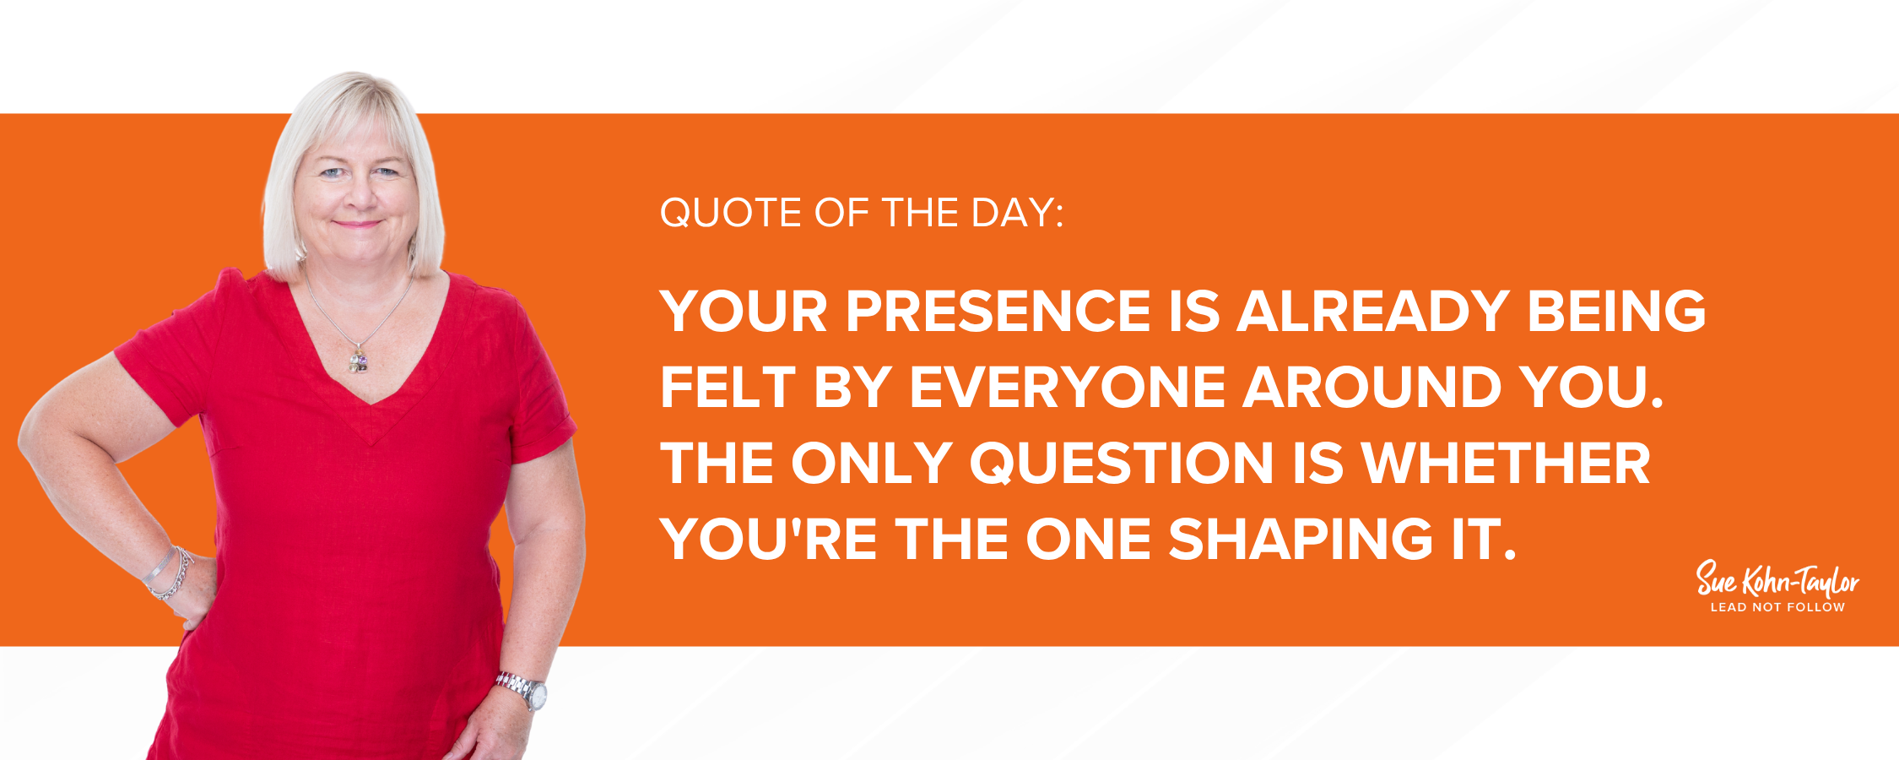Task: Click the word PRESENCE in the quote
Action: [x=998, y=311]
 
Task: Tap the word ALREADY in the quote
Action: [x=1373, y=311]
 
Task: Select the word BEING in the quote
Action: [x=1616, y=311]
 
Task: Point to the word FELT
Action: [x=728, y=388]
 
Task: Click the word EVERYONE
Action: [x=1067, y=388]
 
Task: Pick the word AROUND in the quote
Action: [x=1372, y=388]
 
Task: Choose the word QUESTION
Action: [x=1122, y=464]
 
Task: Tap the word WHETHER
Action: [x=1507, y=464]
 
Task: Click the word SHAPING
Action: [x=1301, y=540]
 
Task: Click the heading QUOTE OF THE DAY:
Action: [x=862, y=213]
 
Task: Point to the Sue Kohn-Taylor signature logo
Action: [x=1777, y=579]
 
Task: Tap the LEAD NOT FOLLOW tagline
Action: [x=1777, y=607]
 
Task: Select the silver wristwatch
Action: [x=523, y=690]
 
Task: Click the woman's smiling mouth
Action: [x=357, y=224]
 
